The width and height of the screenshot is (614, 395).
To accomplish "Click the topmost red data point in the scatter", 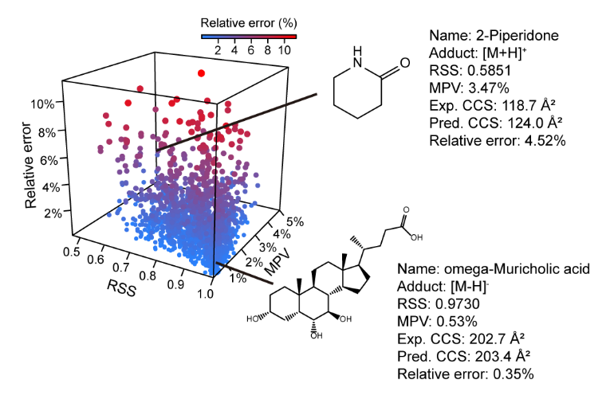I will [201, 72].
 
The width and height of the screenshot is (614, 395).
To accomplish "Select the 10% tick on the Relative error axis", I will [42, 104].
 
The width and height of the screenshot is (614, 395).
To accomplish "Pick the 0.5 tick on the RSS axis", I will [76, 249].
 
